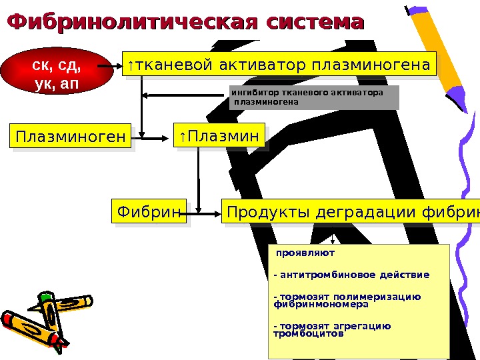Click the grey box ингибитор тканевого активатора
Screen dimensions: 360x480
[x=313, y=97]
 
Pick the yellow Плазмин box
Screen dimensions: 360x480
[x=219, y=136]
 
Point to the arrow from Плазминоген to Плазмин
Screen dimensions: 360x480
[x=153, y=138]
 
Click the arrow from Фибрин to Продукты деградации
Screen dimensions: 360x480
[x=203, y=213]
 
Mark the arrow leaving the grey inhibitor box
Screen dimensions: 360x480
[x=187, y=96]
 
